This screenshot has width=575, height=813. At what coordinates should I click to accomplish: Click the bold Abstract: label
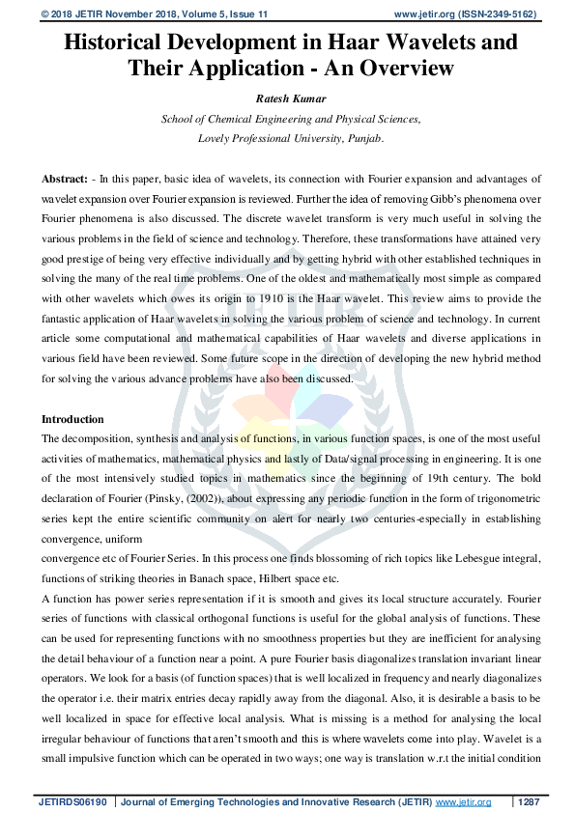coord(66,181)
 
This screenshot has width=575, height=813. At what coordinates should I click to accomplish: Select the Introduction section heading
coord(72,419)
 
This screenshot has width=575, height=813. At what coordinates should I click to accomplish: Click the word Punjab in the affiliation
coord(362,138)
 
